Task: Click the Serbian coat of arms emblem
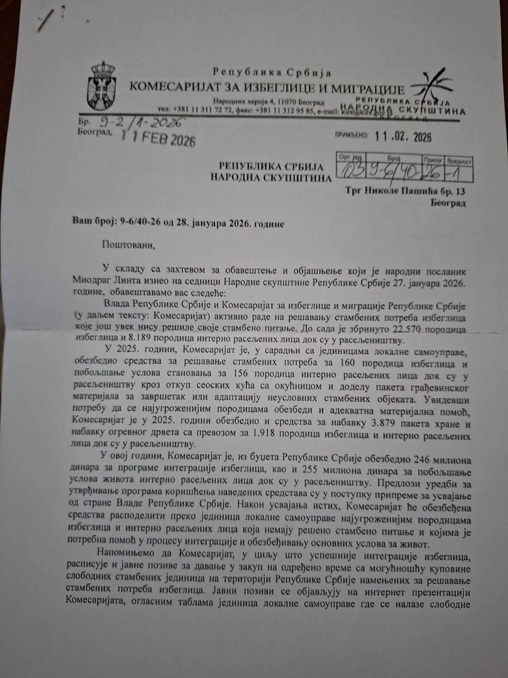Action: pyautogui.click(x=101, y=86)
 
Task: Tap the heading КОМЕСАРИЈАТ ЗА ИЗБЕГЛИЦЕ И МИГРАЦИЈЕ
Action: pyautogui.click(x=267, y=88)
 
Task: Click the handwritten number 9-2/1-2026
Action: pyautogui.click(x=140, y=122)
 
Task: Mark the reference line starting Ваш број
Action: pyautogui.click(x=177, y=223)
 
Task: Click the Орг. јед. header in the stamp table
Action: pyautogui.click(x=348, y=157)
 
